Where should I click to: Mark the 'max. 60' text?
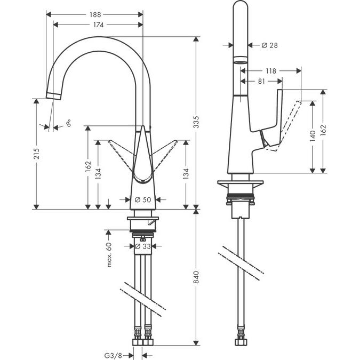coord(108,254)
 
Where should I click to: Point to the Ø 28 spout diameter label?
coord(269,46)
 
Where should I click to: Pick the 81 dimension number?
coord(262,82)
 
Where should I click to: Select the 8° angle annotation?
coord(69,124)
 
